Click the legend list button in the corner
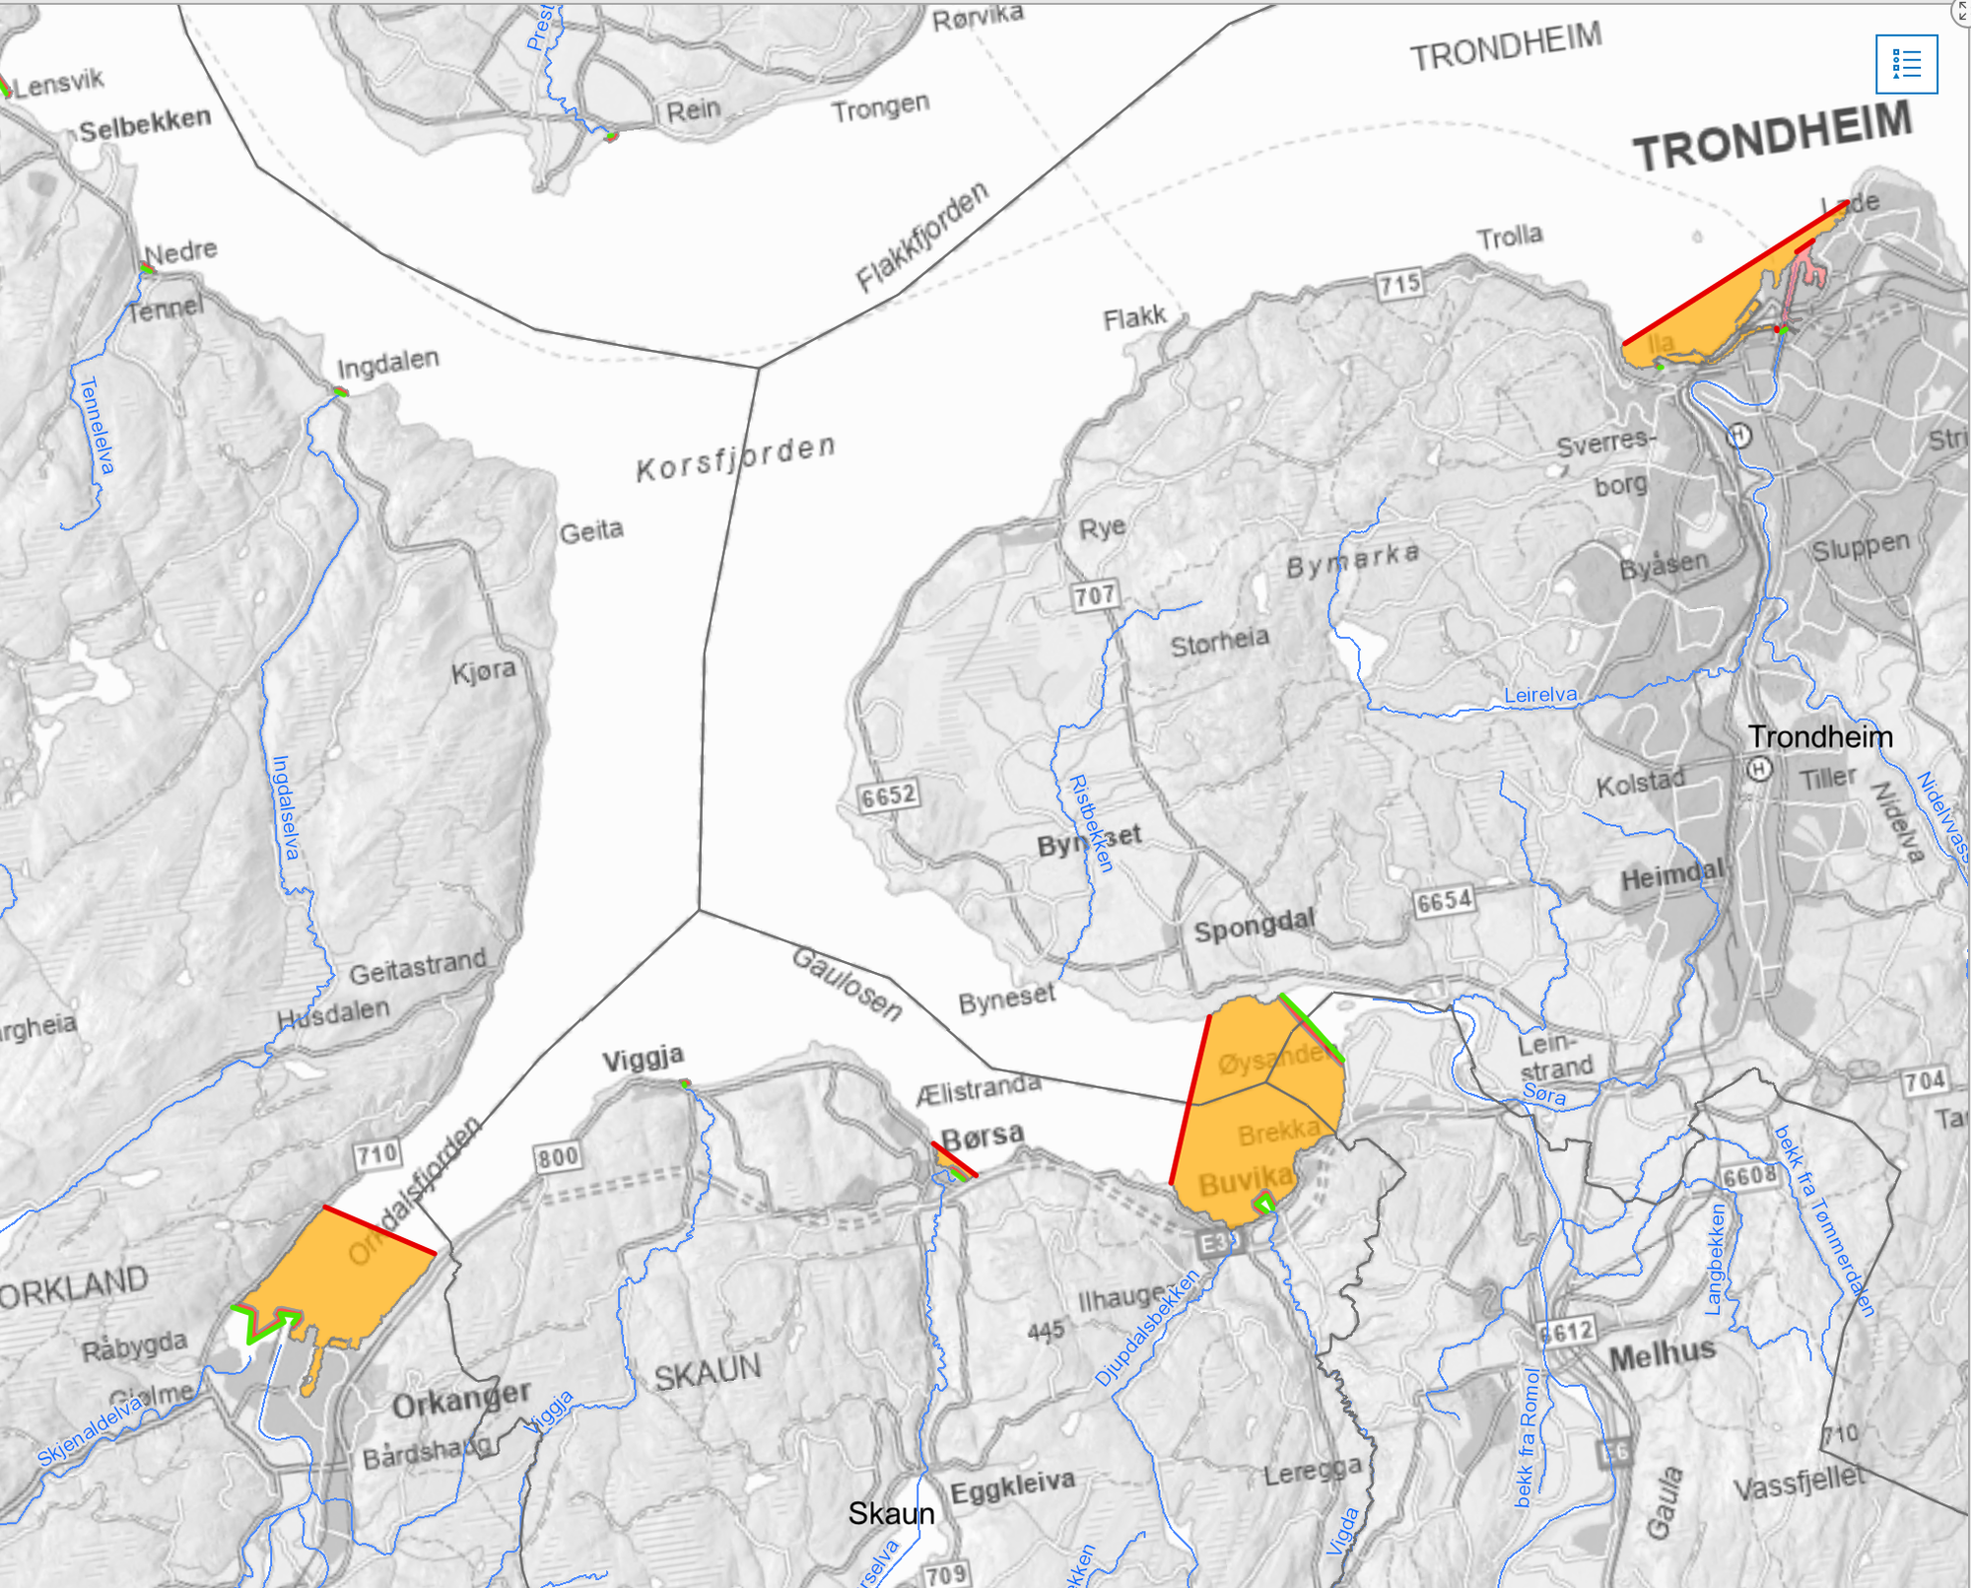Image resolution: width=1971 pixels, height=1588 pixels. (x=1906, y=64)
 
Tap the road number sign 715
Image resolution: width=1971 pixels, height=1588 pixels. (x=1399, y=285)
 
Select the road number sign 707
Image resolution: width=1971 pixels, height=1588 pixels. (x=1095, y=595)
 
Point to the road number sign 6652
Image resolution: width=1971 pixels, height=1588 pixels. (x=888, y=795)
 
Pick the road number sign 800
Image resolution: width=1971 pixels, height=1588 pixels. (x=558, y=1156)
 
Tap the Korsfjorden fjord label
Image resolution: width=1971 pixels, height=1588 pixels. (x=736, y=458)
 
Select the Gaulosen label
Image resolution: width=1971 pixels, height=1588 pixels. (x=848, y=984)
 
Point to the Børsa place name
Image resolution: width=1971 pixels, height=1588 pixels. (x=983, y=1137)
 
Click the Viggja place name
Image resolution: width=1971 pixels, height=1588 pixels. (x=644, y=1059)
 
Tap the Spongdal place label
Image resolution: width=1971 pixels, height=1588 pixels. (x=1254, y=927)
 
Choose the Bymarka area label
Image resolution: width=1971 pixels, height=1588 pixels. (x=1353, y=561)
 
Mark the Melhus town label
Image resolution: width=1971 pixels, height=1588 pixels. (x=1662, y=1355)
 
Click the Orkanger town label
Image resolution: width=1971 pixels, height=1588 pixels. (x=461, y=1399)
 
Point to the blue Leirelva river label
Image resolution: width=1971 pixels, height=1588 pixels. (x=1539, y=695)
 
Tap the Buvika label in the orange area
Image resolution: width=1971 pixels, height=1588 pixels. (x=1246, y=1179)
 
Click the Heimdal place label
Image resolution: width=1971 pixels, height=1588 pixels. (x=1673, y=874)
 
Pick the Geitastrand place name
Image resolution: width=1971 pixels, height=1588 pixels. (x=418, y=967)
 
